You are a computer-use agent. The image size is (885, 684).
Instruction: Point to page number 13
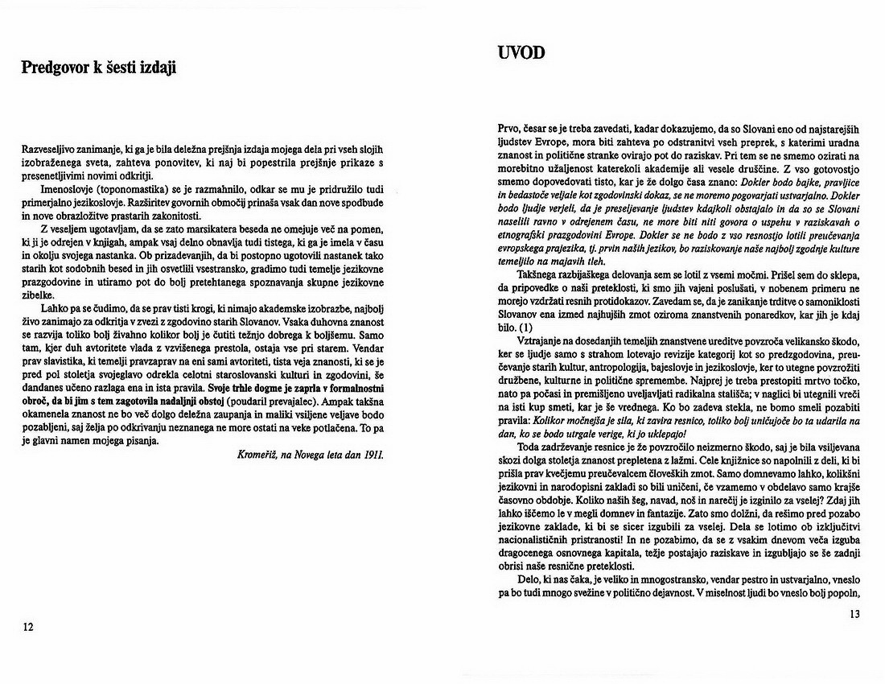point(854,616)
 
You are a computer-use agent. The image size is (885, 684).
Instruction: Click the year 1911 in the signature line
point(373,455)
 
